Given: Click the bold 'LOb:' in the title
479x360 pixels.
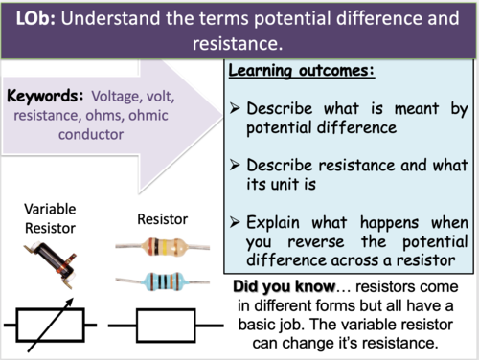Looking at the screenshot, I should click(35, 19).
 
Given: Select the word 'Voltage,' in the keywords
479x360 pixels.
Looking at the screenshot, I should click(122, 96).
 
